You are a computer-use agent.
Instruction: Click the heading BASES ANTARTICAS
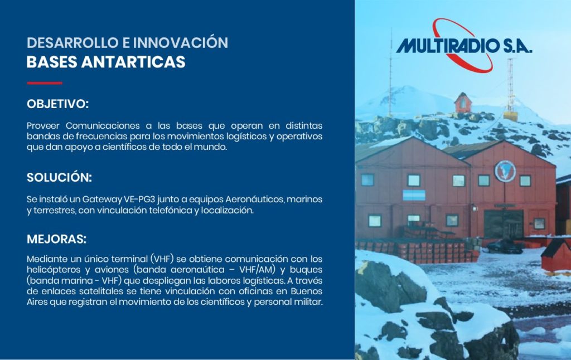(106, 62)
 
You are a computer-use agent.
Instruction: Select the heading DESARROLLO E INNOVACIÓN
(128, 42)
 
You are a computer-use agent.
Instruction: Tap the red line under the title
(45, 83)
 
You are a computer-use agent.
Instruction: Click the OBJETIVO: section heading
(57, 104)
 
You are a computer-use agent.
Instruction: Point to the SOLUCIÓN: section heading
(59, 177)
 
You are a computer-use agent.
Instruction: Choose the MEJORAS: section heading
(56, 239)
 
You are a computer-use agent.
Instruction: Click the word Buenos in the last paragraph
(306, 291)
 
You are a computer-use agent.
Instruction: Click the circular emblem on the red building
(505, 171)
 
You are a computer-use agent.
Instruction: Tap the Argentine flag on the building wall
(414, 195)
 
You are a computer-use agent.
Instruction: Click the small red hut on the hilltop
(463, 103)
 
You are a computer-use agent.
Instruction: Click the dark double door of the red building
(504, 224)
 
